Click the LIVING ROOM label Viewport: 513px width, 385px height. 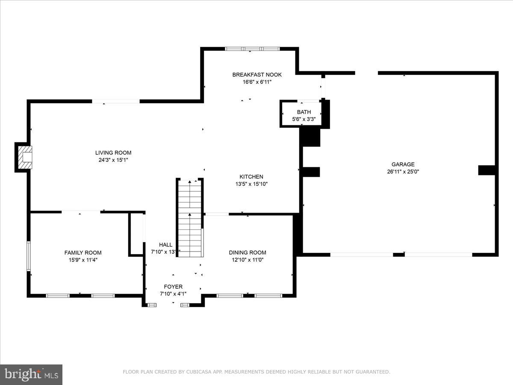tap(113, 153)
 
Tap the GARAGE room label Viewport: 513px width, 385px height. tap(403, 164)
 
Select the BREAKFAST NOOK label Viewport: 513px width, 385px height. tap(257, 75)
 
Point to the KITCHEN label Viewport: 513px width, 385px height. tap(251, 177)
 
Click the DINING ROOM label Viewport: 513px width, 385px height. tap(247, 253)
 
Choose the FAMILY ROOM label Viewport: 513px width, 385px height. tap(83, 253)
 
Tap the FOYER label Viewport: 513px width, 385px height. tap(173, 287)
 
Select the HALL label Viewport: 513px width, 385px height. tap(165, 245)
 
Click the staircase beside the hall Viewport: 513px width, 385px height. tap(190, 218)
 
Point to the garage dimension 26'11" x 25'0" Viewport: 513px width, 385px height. tap(403, 172)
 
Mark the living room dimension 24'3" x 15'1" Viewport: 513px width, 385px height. tap(113, 160)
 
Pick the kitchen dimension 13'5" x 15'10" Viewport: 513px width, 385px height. tap(251, 184)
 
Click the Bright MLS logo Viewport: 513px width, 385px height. tap(31, 374)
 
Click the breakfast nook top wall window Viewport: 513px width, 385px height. tap(252, 49)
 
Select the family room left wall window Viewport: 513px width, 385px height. tap(29, 256)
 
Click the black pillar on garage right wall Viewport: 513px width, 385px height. tap(486, 170)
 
